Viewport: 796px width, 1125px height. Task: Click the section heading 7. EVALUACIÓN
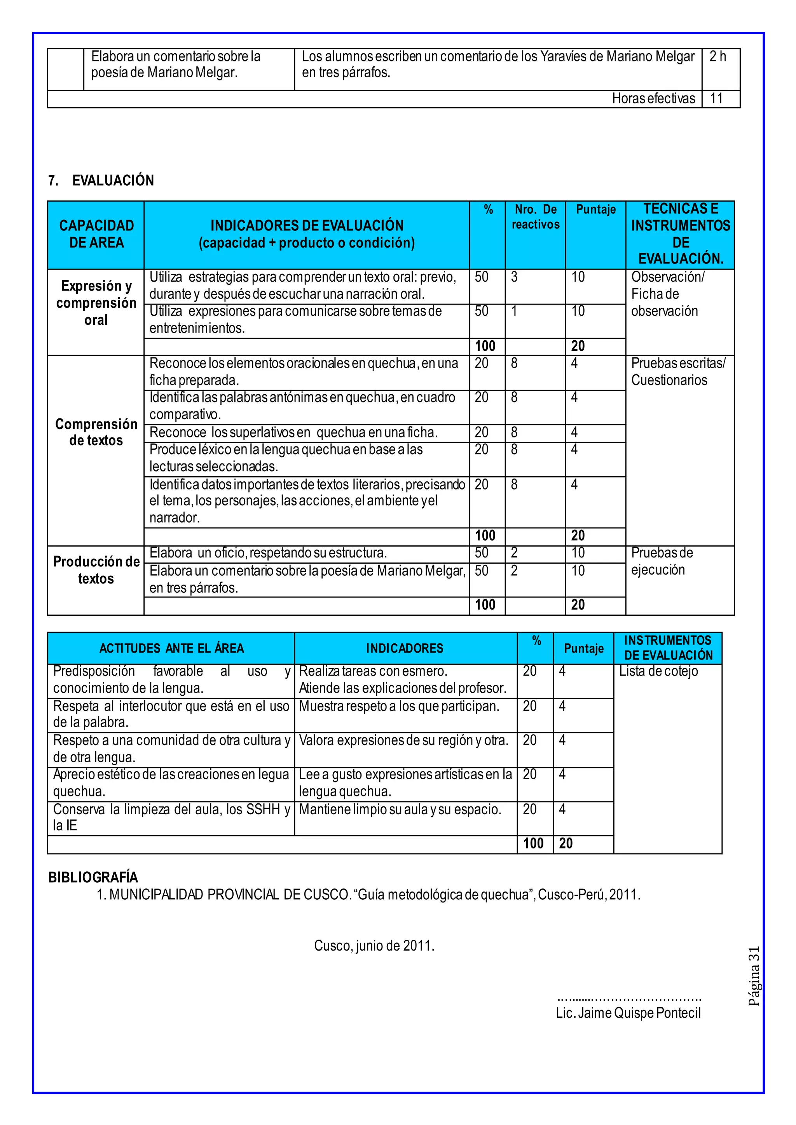[x=101, y=180]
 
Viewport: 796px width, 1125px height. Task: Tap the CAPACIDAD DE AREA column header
[x=96, y=234]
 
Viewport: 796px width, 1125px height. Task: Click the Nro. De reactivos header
[x=535, y=217]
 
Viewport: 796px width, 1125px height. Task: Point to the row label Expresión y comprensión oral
[x=96, y=303]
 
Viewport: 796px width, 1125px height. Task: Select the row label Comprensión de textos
[x=96, y=432]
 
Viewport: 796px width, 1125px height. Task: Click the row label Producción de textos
[x=96, y=570]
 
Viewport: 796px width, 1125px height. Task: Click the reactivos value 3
[x=514, y=277]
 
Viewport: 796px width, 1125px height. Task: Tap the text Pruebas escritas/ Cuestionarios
[x=678, y=371]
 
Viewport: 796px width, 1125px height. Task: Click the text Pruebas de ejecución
[x=662, y=561]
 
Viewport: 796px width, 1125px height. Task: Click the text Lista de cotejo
[x=658, y=671]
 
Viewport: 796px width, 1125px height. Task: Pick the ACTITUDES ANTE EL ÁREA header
[x=171, y=648]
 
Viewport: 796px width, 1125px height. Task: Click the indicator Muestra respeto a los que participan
[x=399, y=706]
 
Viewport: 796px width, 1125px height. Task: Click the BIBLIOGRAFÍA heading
[x=93, y=877]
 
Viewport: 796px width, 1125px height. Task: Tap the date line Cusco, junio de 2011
[x=374, y=946]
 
